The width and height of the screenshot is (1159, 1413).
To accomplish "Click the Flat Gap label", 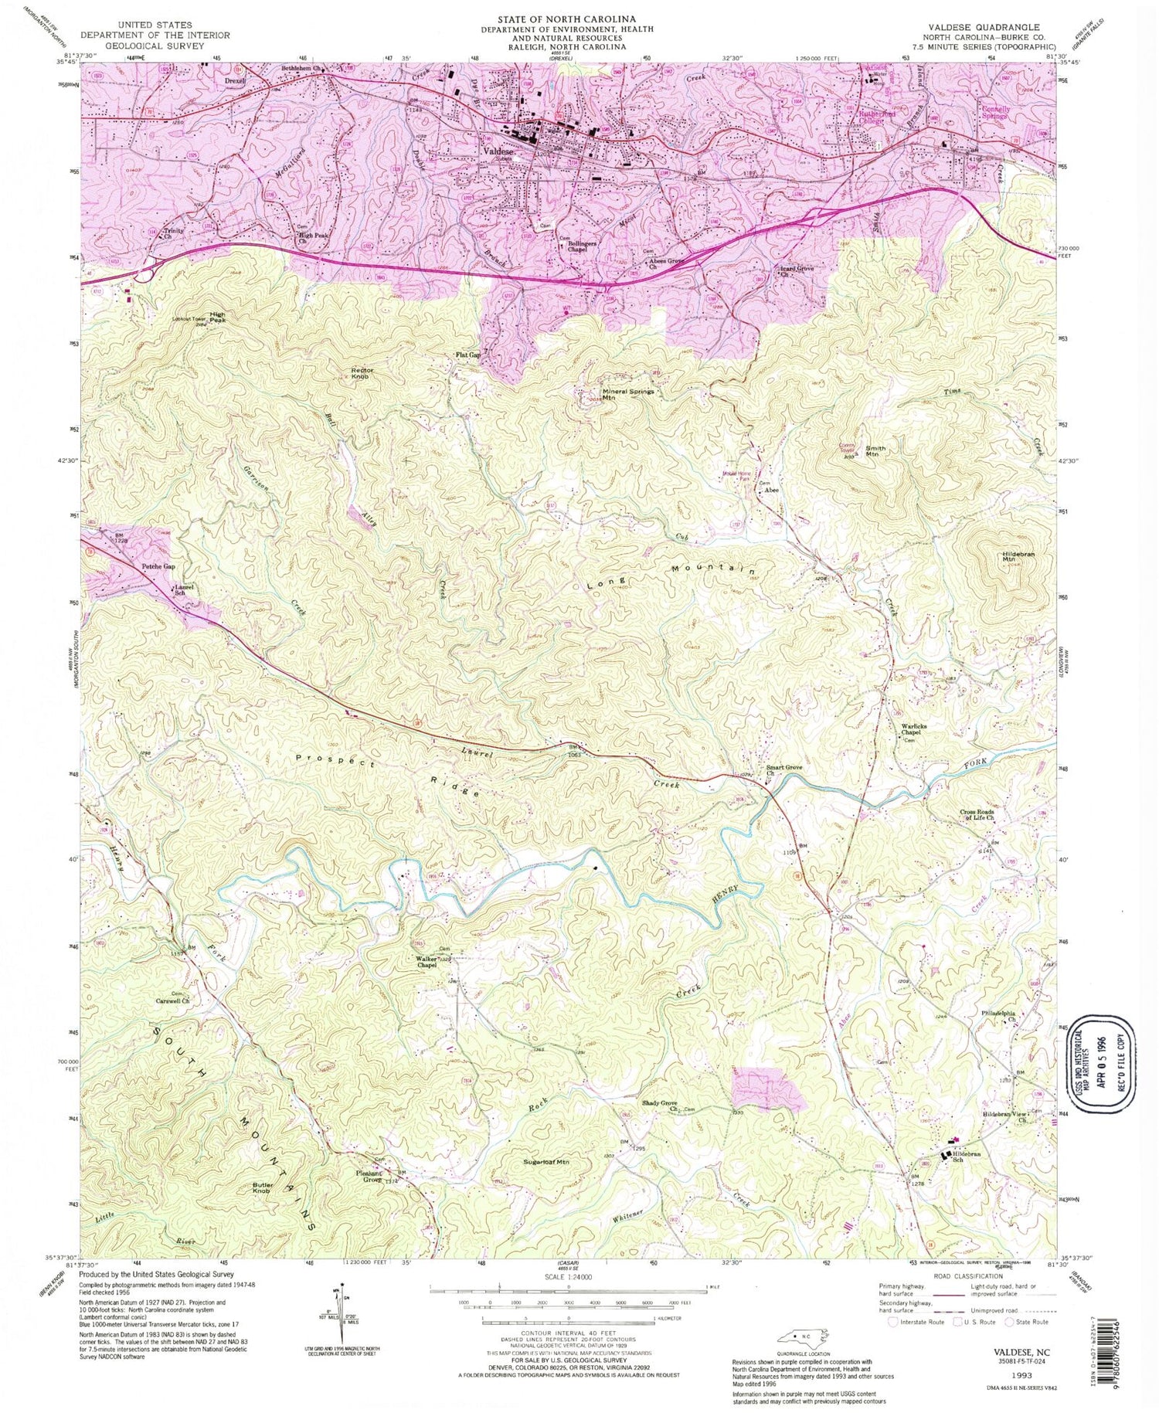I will point(468,355).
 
